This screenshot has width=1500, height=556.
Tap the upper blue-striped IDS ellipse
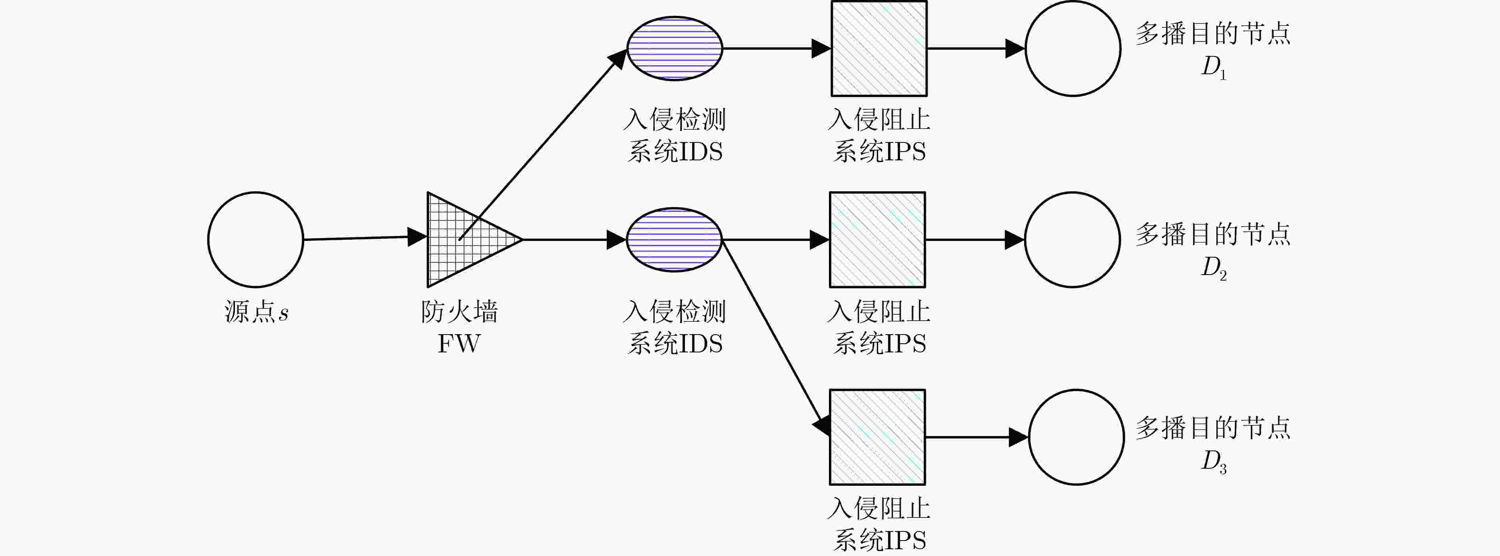[x=674, y=48]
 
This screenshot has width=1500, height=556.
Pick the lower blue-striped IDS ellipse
[x=674, y=239]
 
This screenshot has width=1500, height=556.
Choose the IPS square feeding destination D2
[x=877, y=239]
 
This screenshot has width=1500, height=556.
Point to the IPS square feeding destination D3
[x=877, y=437]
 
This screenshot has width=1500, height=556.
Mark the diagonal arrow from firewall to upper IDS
[x=543, y=144]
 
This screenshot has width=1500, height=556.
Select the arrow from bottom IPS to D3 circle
[x=977, y=437]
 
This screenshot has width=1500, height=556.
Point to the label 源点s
[x=256, y=312]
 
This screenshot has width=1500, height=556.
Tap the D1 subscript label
[x=1214, y=67]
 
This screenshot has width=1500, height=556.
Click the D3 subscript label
[x=1214, y=461]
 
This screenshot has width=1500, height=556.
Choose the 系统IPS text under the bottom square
[x=879, y=540]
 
